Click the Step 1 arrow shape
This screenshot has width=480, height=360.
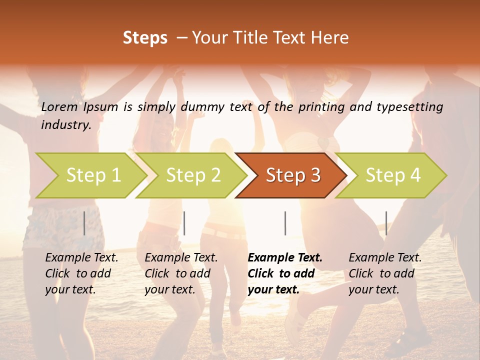tap(93, 175)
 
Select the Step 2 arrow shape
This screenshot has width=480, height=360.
tap(193, 175)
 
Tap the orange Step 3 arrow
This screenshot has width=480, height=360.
tap(293, 175)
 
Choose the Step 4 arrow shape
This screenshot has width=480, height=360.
tap(393, 175)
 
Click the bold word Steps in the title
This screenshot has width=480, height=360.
tap(145, 38)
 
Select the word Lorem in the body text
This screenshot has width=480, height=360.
tap(59, 107)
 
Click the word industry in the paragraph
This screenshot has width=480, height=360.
tap(65, 125)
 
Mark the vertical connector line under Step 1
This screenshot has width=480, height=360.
tap(84, 223)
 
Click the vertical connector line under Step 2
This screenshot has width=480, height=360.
tap(184, 223)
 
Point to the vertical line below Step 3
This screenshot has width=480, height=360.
tap(285, 223)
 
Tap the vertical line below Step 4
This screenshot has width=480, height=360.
tap(386, 223)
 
